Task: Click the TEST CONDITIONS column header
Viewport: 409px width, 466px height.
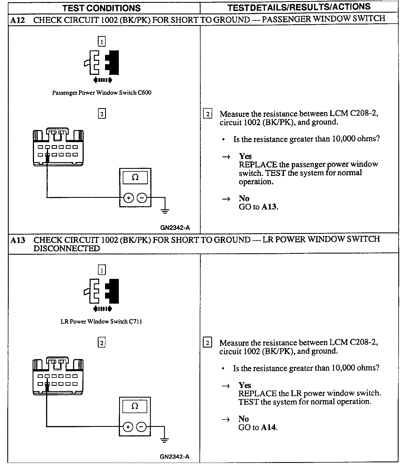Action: pyautogui.click(x=101, y=8)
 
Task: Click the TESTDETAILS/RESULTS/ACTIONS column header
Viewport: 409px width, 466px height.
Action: pyautogui.click(x=299, y=7)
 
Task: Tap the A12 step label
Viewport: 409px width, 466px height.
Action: pyautogui.click(x=17, y=20)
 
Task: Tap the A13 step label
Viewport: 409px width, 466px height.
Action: pyautogui.click(x=17, y=240)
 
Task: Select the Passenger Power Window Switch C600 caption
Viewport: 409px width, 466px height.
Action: pyautogui.click(x=102, y=93)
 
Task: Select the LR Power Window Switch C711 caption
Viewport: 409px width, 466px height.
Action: pyautogui.click(x=101, y=321)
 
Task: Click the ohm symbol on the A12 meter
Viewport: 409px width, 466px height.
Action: pyautogui.click(x=135, y=177)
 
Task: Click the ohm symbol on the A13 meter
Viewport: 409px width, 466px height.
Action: pyautogui.click(x=135, y=406)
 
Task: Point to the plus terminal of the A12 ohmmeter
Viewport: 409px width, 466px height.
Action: pyautogui.click(x=128, y=198)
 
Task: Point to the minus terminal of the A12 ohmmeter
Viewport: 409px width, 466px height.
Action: pyautogui.click(x=142, y=198)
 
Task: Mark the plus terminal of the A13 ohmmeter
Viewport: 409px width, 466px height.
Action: pyautogui.click(x=128, y=427)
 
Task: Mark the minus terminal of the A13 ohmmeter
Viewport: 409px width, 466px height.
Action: pyautogui.click(x=141, y=427)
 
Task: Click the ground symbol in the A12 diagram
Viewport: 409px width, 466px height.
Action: pyautogui.click(x=165, y=211)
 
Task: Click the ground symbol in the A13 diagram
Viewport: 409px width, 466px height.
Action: pyautogui.click(x=164, y=440)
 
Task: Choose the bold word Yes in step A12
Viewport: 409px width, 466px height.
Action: pyautogui.click(x=245, y=156)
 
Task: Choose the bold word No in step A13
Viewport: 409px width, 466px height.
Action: pyautogui.click(x=244, y=419)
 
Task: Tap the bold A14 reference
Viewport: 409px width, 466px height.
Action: pyautogui.click(x=269, y=427)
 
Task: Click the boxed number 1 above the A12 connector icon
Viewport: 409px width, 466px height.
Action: pyautogui.click(x=101, y=42)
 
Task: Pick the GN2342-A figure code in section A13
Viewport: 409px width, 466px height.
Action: pyautogui.click(x=175, y=456)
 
